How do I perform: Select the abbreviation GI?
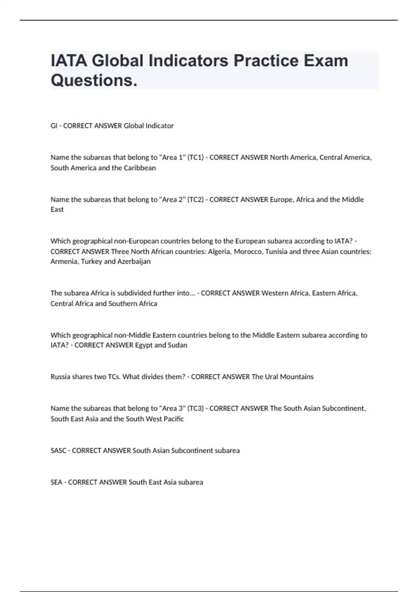pyautogui.click(x=54, y=126)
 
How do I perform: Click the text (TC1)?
pyautogui.click(x=195, y=157)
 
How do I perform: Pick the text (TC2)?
pyautogui.click(x=195, y=200)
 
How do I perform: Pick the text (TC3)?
pyautogui.click(x=195, y=408)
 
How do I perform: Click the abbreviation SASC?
pyautogui.click(x=58, y=451)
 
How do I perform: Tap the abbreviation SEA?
pyautogui.click(x=56, y=482)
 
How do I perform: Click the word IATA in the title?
pyautogui.click(x=69, y=61)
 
